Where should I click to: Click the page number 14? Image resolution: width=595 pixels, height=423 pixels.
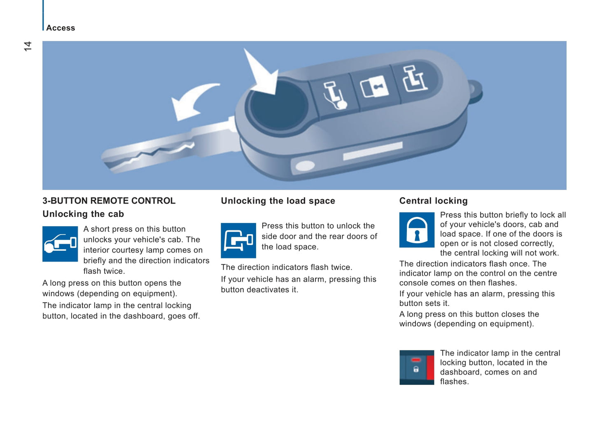(x=28, y=46)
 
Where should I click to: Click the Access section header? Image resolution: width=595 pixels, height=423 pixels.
(x=61, y=28)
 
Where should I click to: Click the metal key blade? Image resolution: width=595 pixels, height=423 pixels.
(x=170, y=146)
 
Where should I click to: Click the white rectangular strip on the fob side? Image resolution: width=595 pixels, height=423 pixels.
(x=373, y=151)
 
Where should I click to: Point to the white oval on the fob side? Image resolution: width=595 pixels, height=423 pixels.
(x=305, y=166)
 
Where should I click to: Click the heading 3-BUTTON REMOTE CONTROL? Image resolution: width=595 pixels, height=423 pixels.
(x=109, y=201)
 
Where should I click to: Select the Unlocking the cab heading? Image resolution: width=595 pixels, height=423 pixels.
(x=83, y=214)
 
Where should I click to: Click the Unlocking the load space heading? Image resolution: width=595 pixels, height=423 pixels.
(x=278, y=201)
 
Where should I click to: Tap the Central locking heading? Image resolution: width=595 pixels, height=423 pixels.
(x=433, y=201)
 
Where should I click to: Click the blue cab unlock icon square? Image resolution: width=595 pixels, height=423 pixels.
(x=60, y=244)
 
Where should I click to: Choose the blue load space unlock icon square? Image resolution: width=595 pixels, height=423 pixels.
(x=238, y=240)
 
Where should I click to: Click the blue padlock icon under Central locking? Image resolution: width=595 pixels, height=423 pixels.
(x=417, y=230)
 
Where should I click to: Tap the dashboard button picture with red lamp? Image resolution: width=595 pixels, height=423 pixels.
(x=417, y=367)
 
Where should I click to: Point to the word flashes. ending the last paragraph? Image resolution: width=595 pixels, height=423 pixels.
(x=454, y=382)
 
